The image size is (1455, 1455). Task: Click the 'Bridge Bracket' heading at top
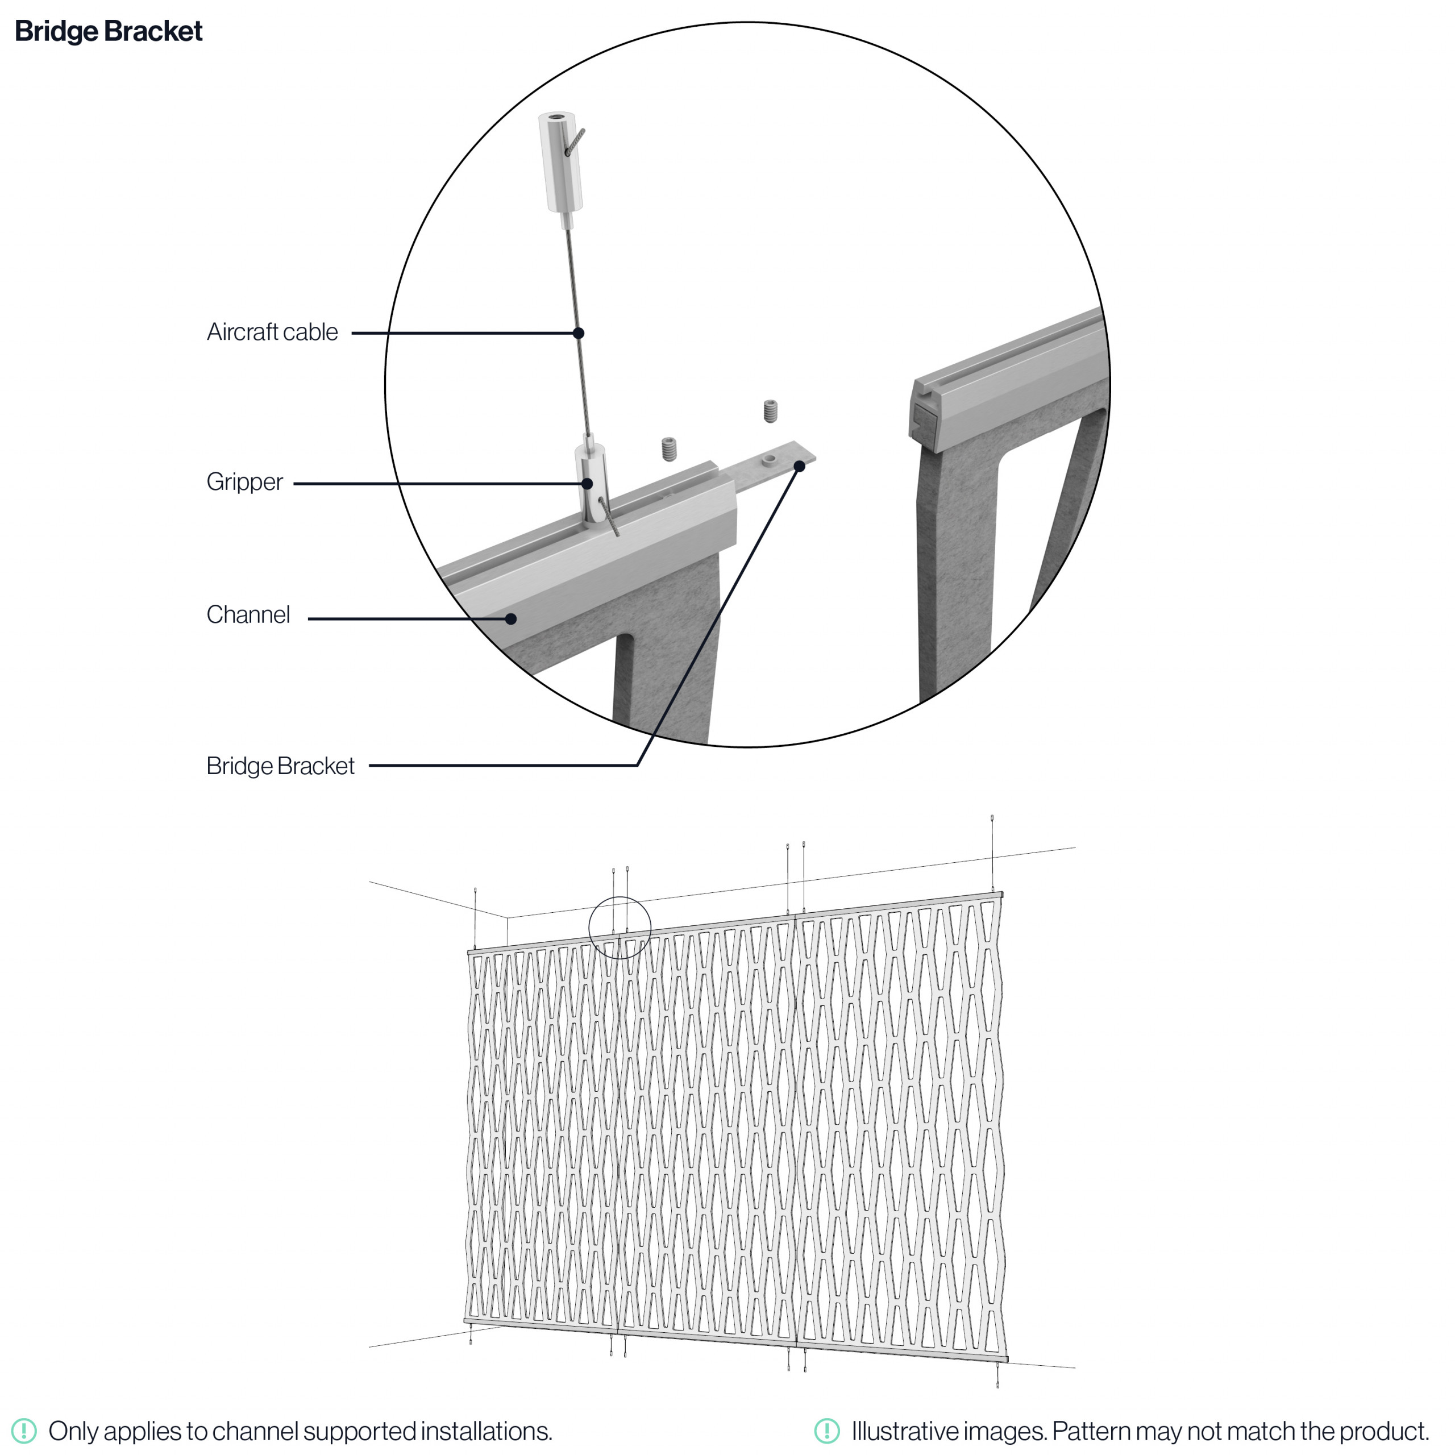(x=109, y=32)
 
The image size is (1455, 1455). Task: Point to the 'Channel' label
(x=248, y=614)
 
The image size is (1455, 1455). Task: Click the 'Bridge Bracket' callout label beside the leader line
(x=280, y=766)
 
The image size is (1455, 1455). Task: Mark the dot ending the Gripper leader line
(x=588, y=484)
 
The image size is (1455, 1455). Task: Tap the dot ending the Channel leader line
(x=510, y=619)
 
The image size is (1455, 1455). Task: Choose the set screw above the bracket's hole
(x=770, y=411)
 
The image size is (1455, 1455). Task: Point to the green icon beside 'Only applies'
(x=24, y=1430)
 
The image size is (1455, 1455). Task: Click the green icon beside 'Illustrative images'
(x=827, y=1430)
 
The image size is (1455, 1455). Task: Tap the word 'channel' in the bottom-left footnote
(x=250, y=1430)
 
